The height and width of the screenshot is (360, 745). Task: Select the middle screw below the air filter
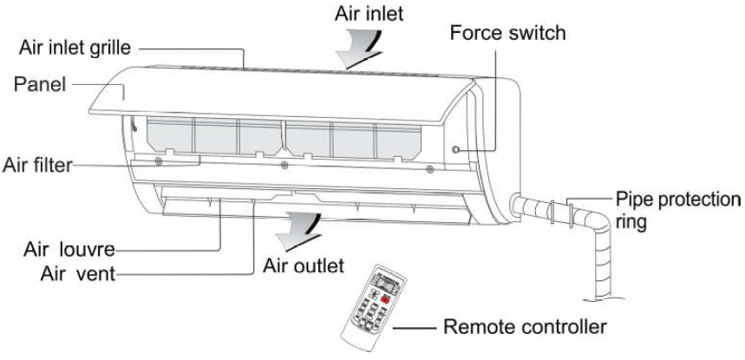[284, 162]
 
